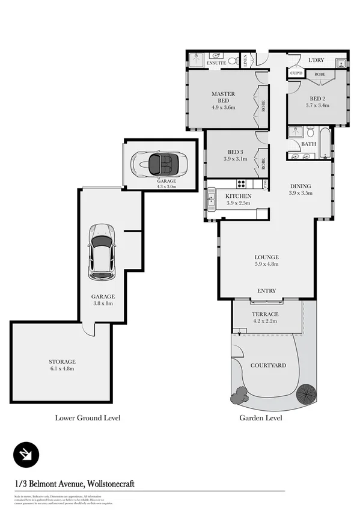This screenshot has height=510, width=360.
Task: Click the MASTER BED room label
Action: [x=223, y=97]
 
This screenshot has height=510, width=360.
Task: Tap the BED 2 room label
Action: [x=317, y=98]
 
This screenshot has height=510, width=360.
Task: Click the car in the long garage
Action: [x=102, y=251]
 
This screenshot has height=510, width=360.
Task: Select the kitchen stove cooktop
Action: [x=241, y=183]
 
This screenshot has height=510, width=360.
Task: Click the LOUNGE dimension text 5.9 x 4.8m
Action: [x=266, y=264]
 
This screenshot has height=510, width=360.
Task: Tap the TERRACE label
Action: [x=265, y=315]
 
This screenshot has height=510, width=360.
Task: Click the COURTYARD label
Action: [x=267, y=365]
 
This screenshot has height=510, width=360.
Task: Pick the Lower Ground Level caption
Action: [x=87, y=417]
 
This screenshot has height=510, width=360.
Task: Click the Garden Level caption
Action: [x=260, y=417]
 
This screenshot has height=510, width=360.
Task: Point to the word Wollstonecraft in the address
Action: [x=120, y=483]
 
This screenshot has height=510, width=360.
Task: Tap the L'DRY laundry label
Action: [x=317, y=61]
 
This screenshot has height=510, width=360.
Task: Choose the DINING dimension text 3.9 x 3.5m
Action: [x=301, y=194]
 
